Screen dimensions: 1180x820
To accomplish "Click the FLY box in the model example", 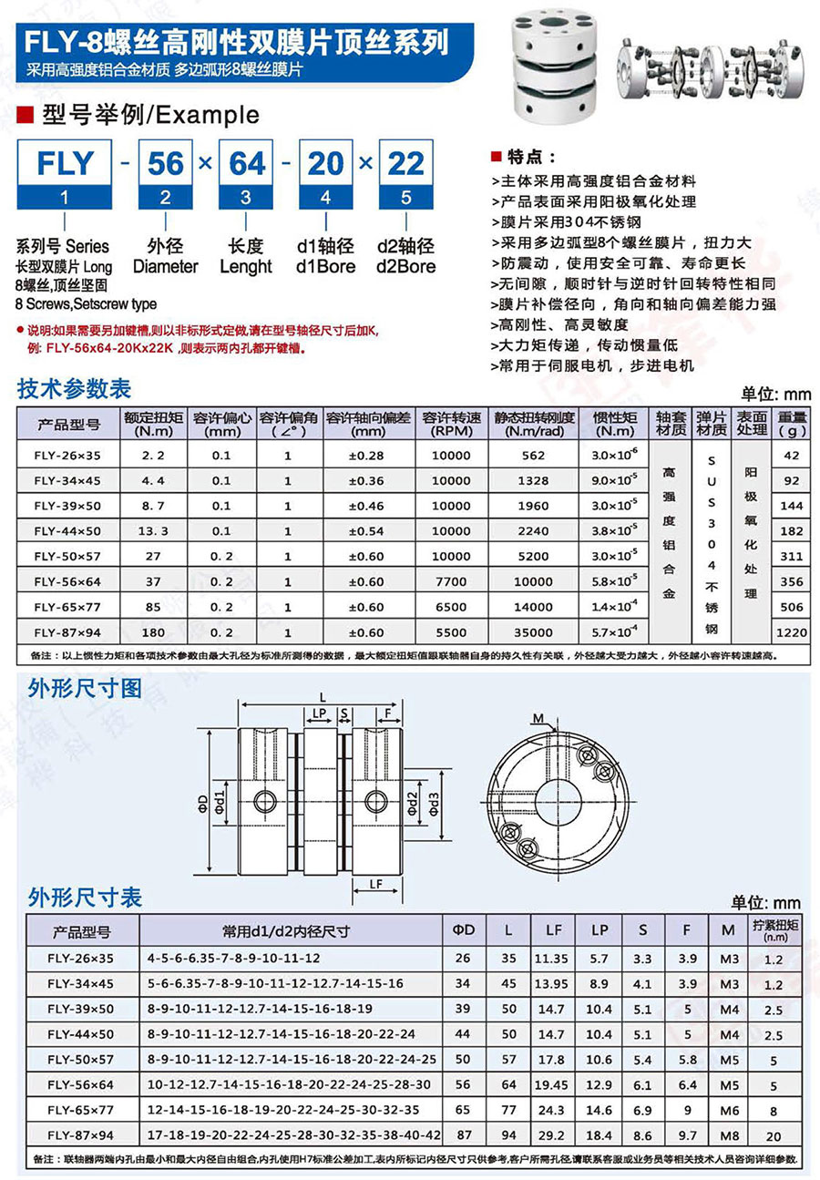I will tap(64, 163).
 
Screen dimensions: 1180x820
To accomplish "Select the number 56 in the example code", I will tap(166, 163).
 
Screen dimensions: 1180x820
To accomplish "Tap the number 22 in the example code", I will tap(406, 163).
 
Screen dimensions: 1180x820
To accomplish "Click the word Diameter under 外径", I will tap(165, 266).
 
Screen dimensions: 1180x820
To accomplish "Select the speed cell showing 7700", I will tap(451, 581).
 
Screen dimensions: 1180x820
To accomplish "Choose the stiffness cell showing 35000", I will tap(532, 631).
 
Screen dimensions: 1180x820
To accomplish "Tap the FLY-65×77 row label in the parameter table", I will tap(68, 607).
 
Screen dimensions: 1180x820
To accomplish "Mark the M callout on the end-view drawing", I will tap(538, 720).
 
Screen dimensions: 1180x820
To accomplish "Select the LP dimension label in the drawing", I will tap(319, 713).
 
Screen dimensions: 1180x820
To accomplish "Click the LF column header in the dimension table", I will tap(553, 931).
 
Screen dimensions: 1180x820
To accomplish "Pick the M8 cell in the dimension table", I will tap(727, 1135).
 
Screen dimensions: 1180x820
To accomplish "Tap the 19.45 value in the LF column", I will tap(553, 1084).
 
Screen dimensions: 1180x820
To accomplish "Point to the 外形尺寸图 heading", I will tap(85, 688).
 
